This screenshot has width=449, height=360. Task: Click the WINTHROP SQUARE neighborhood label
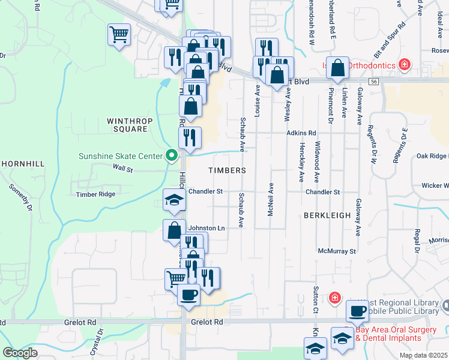click(x=127, y=125)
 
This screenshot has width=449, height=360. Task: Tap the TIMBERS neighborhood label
click(x=227, y=170)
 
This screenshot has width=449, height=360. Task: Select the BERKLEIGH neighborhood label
click(x=326, y=214)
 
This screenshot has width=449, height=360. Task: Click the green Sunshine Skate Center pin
click(x=172, y=156)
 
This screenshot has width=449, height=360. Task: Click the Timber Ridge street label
click(x=95, y=194)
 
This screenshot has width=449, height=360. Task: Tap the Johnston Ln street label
click(x=206, y=228)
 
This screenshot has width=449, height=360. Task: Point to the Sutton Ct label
click(x=315, y=300)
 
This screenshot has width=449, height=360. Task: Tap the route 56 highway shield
click(x=373, y=82)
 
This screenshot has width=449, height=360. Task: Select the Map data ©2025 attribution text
click(x=423, y=355)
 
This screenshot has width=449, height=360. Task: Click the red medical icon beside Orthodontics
click(x=405, y=64)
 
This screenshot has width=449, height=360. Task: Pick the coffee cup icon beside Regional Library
click(x=358, y=311)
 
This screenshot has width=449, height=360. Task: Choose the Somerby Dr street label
click(x=22, y=197)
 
